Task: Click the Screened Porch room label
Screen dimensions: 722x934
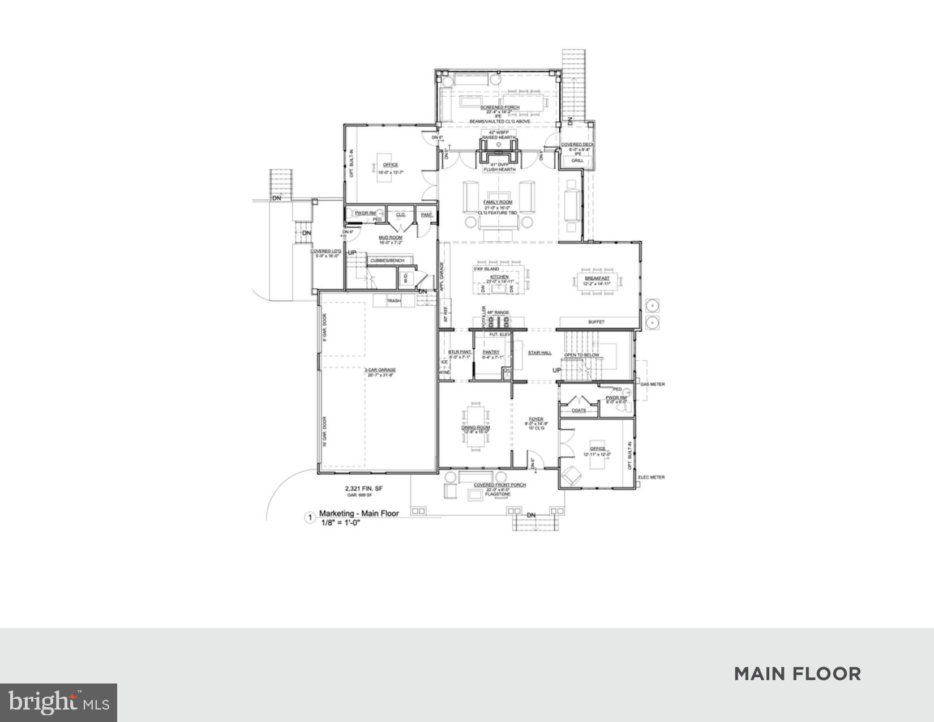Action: click(x=500, y=108)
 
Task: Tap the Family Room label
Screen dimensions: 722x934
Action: click(x=498, y=202)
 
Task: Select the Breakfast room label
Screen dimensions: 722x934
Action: click(x=598, y=279)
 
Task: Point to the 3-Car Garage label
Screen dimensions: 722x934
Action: click(x=380, y=370)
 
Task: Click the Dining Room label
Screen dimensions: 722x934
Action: click(x=475, y=428)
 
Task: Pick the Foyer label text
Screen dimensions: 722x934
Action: click(x=535, y=420)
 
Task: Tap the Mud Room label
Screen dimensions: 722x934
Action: click(x=391, y=237)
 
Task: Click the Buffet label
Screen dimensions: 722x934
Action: click(x=596, y=322)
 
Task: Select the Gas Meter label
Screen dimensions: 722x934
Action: click(x=652, y=385)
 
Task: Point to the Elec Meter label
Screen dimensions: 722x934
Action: click(x=651, y=477)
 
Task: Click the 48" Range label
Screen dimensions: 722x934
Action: click(x=498, y=313)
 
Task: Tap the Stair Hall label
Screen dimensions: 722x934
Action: click(x=539, y=353)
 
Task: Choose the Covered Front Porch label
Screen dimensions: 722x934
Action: click(x=500, y=485)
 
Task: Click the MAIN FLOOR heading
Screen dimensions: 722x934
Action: click(x=797, y=674)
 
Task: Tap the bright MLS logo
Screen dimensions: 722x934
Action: click(x=58, y=702)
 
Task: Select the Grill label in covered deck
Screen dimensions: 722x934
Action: click(x=577, y=161)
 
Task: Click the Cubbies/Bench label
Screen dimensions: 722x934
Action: click(x=387, y=260)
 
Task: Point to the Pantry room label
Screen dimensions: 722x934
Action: click(x=491, y=352)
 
